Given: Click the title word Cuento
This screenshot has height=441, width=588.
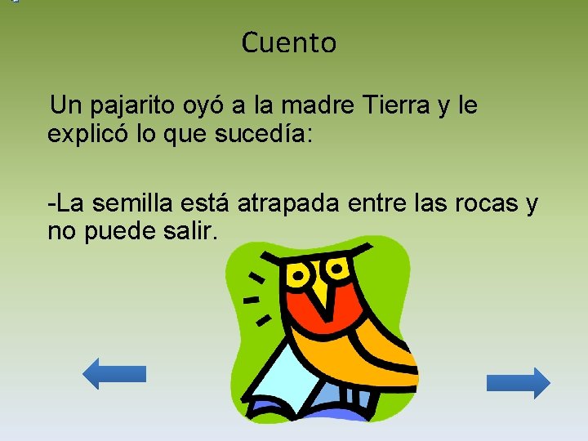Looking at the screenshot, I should pyautogui.click(x=288, y=42).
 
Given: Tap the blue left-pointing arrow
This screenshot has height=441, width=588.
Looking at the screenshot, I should pyautogui.click(x=114, y=374).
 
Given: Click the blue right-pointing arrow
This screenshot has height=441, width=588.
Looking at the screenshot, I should pyautogui.click(x=519, y=382).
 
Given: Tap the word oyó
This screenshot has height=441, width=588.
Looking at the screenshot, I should pyautogui.click(x=222, y=106).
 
